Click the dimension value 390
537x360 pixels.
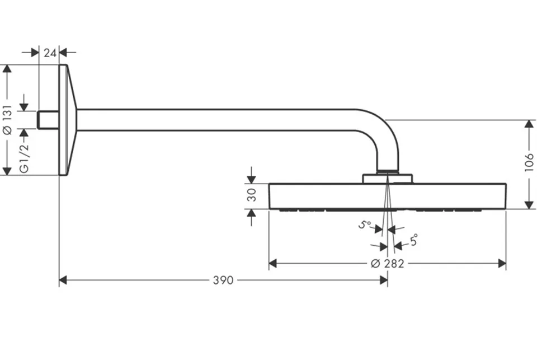[223, 280]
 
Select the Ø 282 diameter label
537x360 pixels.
[387, 263]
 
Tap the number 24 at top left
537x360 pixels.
[50, 53]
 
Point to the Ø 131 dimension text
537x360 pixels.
[7, 120]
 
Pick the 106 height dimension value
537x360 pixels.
[529, 162]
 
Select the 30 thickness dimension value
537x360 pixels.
[251, 195]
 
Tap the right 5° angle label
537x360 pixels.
[414, 240]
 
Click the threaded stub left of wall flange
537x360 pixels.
[48, 120]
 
